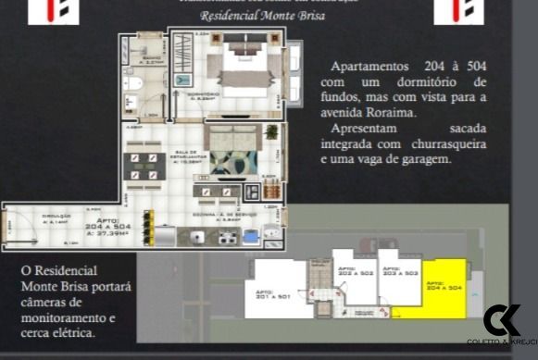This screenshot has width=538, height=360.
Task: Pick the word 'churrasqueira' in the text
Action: pos(445,145)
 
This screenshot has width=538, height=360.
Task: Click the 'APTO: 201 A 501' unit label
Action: pos(274,295)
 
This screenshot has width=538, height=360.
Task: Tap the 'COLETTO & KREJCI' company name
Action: pos(501,342)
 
